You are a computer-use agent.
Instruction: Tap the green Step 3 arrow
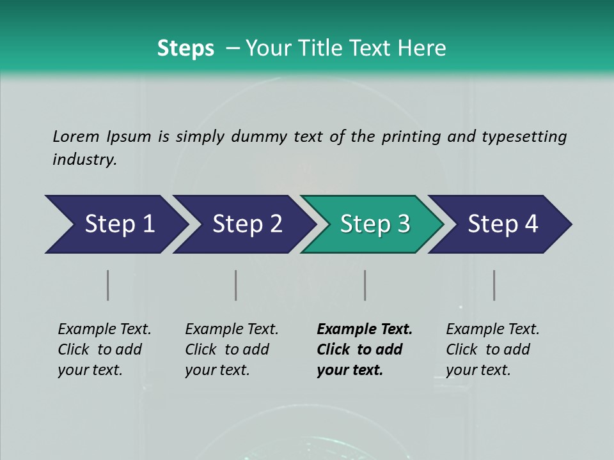pyautogui.click(x=375, y=224)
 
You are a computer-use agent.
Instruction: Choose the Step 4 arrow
pyautogui.click(x=503, y=224)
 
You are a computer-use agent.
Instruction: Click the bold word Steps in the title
pyautogui.click(x=185, y=48)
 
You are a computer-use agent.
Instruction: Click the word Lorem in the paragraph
pyautogui.click(x=75, y=136)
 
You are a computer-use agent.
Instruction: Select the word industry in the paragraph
pyautogui.click(x=84, y=160)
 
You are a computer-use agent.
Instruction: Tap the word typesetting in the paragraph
pyautogui.click(x=524, y=136)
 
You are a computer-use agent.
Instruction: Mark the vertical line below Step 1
pyautogui.click(x=108, y=285)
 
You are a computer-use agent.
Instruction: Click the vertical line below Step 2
pyautogui.click(x=236, y=285)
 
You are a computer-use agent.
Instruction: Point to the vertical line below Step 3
pyautogui.click(x=365, y=285)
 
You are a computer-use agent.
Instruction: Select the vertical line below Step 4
pyautogui.click(x=494, y=285)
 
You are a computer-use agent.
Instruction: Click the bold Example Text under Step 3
pyautogui.click(x=365, y=330)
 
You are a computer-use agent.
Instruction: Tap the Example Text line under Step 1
pyautogui.click(x=104, y=330)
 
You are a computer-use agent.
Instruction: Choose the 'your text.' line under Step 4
pyautogui.click(x=478, y=371)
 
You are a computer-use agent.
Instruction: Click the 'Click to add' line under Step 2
pyautogui.click(x=227, y=350)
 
